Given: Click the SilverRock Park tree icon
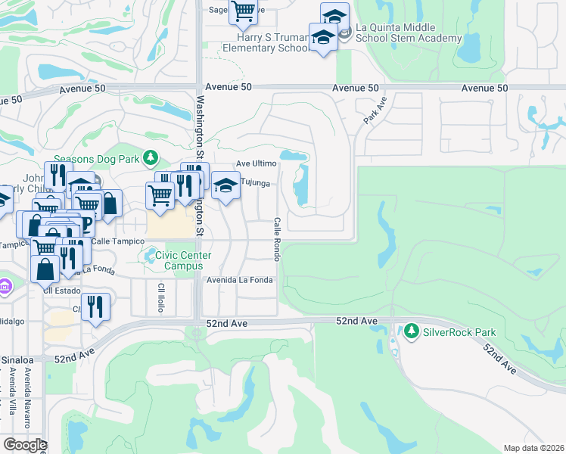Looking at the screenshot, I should [x=411, y=331].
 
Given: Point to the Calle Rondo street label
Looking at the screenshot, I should [x=277, y=239].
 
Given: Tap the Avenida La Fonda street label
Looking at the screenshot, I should [x=240, y=279].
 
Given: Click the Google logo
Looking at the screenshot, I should [x=24, y=444].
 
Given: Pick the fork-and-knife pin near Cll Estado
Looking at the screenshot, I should [x=95, y=306].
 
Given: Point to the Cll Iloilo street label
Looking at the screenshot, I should [x=161, y=300].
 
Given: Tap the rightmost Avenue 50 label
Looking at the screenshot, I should [x=484, y=89].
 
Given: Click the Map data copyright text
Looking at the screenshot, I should [x=534, y=448].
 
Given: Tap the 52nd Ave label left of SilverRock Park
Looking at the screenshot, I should [x=357, y=322].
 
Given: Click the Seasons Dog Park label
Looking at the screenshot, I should [x=97, y=158].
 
